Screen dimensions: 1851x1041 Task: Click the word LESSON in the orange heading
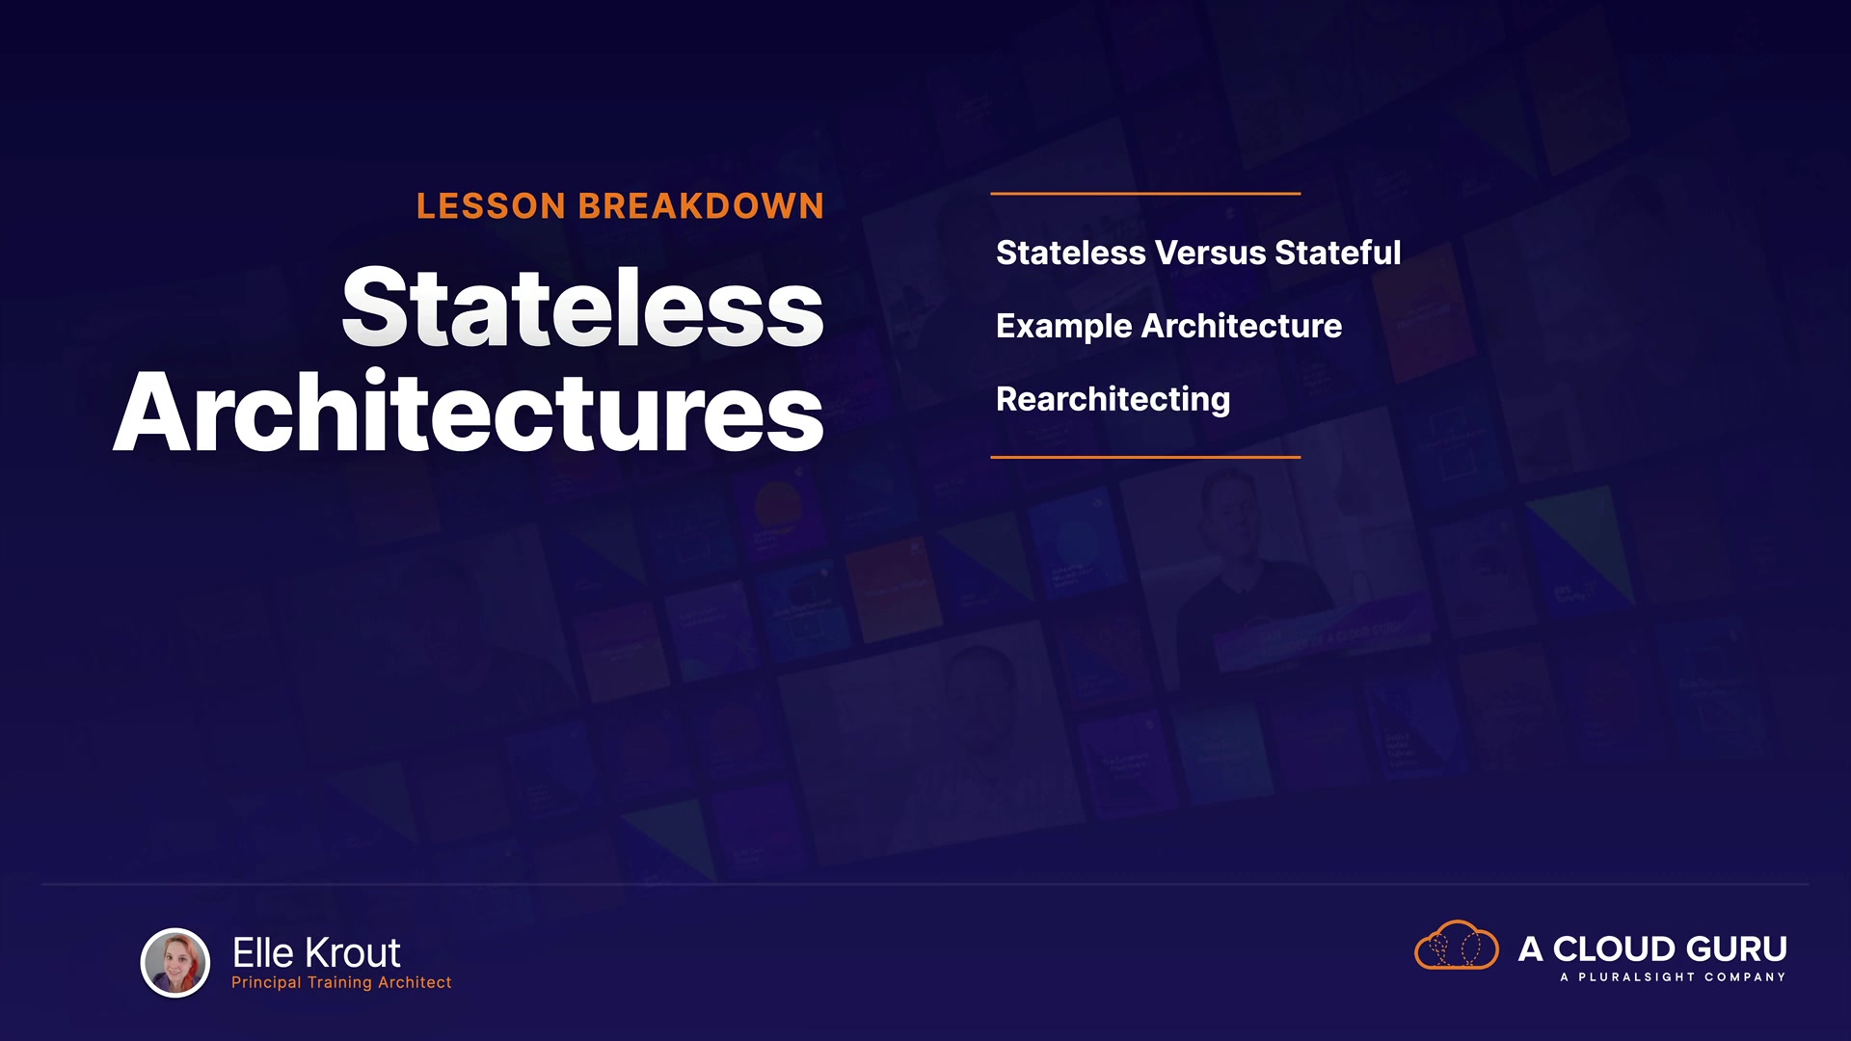(x=491, y=206)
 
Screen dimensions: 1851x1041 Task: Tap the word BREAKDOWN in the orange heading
(x=701, y=206)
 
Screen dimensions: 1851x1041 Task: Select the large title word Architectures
(x=469, y=412)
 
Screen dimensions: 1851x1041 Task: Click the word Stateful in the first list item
(x=1338, y=253)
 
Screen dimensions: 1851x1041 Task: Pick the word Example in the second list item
(x=1064, y=327)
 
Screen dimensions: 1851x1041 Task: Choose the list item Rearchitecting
(x=1113, y=400)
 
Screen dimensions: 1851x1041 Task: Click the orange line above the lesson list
(x=1145, y=194)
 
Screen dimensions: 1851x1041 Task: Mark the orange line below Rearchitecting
(x=1145, y=457)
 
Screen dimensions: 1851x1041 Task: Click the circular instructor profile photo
(x=175, y=962)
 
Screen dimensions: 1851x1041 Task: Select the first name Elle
(x=263, y=953)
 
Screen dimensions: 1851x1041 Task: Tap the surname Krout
(x=352, y=953)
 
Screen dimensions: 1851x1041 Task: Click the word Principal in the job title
(x=266, y=982)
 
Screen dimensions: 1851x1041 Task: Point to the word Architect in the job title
(x=415, y=982)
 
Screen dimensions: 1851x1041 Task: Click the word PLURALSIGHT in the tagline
(x=1636, y=977)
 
